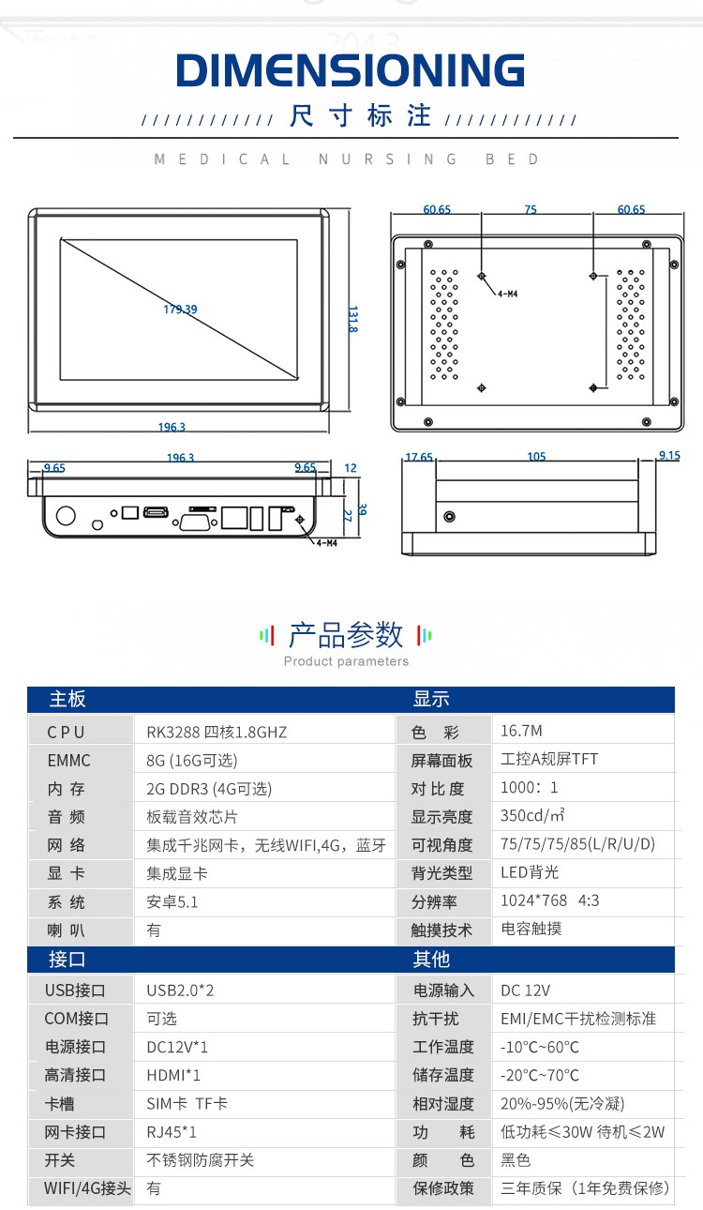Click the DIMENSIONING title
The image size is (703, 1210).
(x=351, y=69)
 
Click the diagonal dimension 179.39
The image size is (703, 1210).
(x=180, y=309)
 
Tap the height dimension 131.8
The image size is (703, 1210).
(x=352, y=319)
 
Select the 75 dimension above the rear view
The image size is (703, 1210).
(x=531, y=209)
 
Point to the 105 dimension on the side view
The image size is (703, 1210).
(x=537, y=457)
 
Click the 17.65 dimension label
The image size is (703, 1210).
(x=419, y=458)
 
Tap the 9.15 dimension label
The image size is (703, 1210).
(x=669, y=455)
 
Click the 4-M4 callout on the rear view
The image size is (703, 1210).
(x=507, y=294)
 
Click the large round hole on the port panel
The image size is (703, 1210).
(x=66, y=515)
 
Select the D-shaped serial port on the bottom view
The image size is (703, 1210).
(x=196, y=522)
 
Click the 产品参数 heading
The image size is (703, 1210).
(x=346, y=635)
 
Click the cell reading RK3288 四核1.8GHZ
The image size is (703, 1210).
(x=217, y=732)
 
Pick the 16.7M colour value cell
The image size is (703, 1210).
(x=521, y=731)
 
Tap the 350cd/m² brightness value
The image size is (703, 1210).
(x=532, y=815)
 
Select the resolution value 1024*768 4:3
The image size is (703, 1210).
(x=549, y=900)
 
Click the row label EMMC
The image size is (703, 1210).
(x=68, y=761)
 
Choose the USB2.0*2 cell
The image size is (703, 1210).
(x=180, y=991)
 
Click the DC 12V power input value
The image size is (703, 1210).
(x=525, y=991)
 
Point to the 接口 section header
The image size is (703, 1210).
(x=67, y=960)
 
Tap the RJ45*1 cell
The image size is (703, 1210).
(x=172, y=1131)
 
